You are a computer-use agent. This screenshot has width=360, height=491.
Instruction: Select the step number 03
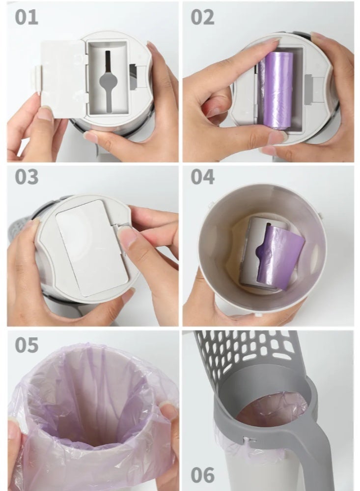click(26, 176)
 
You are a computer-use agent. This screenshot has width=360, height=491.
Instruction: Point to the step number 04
click(202, 176)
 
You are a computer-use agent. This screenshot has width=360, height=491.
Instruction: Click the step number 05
click(26, 345)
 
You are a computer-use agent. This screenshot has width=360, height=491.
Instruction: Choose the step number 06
click(202, 475)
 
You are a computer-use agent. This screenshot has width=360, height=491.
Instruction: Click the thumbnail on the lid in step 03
click(129, 238)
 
